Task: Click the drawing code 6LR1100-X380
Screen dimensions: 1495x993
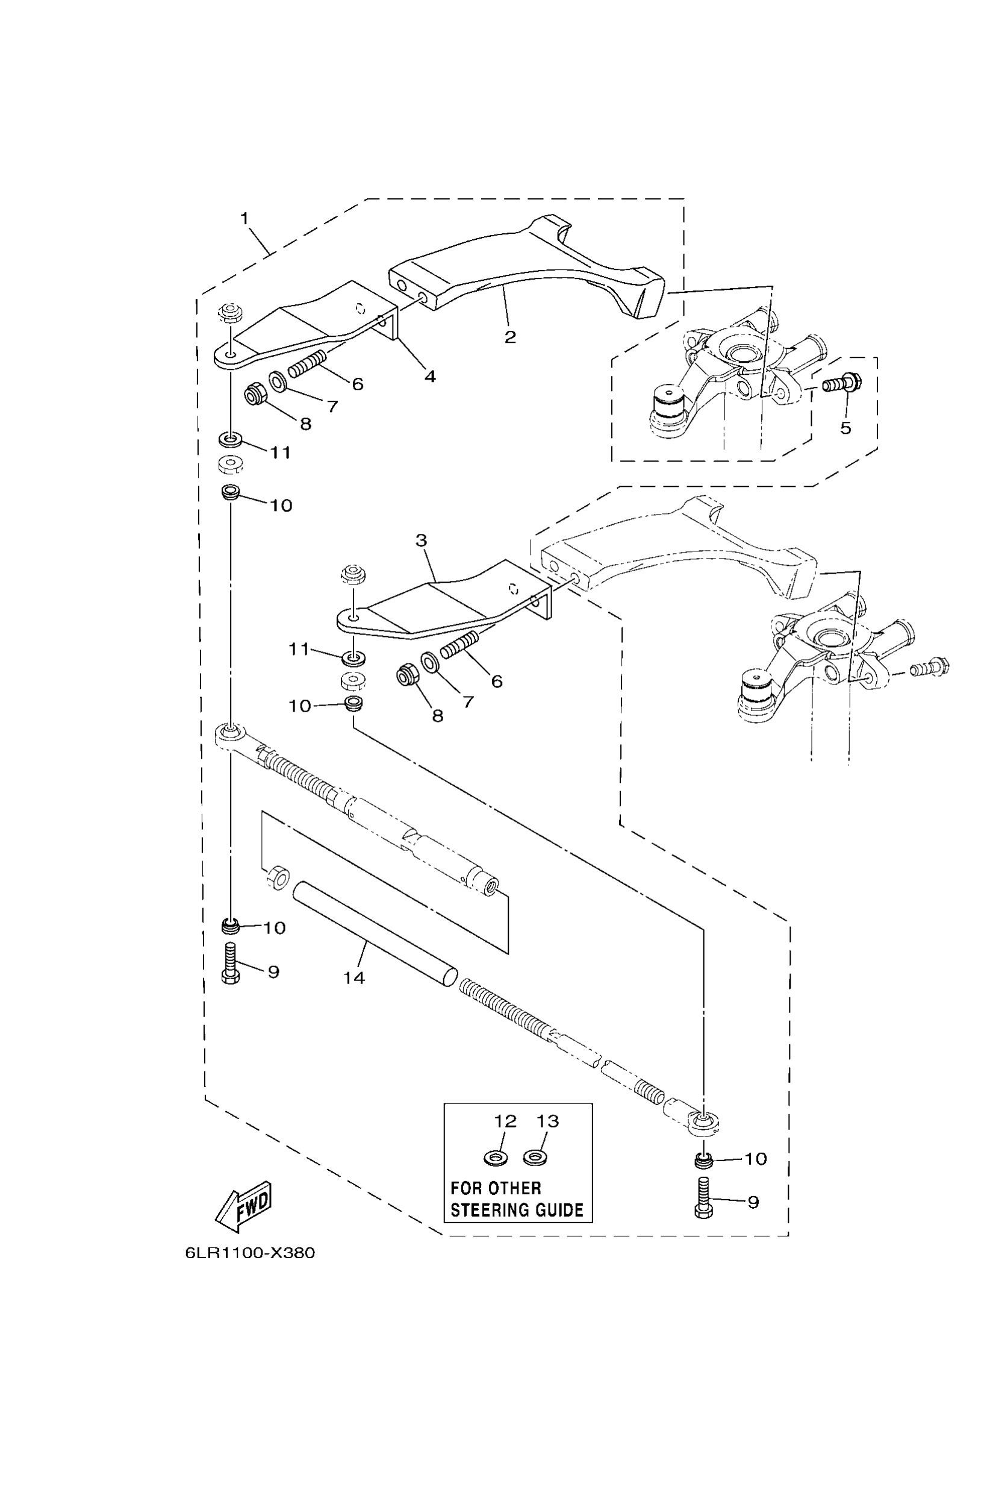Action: [250, 1253]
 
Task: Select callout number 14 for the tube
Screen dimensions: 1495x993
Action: [354, 978]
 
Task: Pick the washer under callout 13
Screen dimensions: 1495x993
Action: [536, 1158]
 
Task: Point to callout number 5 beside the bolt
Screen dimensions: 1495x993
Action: [845, 428]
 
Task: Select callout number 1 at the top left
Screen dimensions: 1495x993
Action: [244, 219]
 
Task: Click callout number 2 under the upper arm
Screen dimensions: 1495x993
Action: [510, 336]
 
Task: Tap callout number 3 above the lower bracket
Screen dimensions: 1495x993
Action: [421, 541]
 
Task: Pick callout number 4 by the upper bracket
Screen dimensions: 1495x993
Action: [430, 376]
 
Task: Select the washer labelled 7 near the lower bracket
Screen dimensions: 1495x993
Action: [431, 664]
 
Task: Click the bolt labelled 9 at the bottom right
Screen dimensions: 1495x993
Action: [703, 1197]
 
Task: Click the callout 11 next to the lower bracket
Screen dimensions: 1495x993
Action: [299, 649]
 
